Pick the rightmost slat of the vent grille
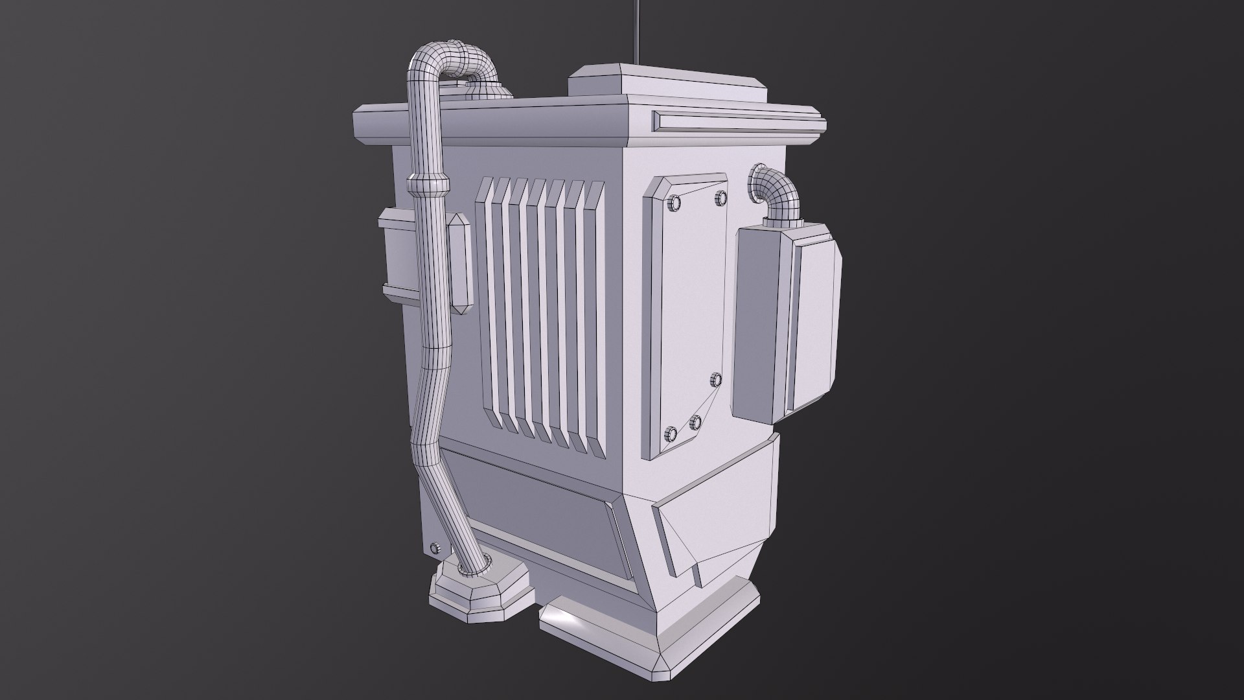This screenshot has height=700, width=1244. [x=595, y=318]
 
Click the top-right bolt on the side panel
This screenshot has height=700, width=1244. [x=720, y=196]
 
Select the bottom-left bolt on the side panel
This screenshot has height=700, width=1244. [x=671, y=432]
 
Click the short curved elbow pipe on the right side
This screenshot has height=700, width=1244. [x=777, y=191]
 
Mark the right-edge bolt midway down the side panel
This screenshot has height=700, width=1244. [x=716, y=379]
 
